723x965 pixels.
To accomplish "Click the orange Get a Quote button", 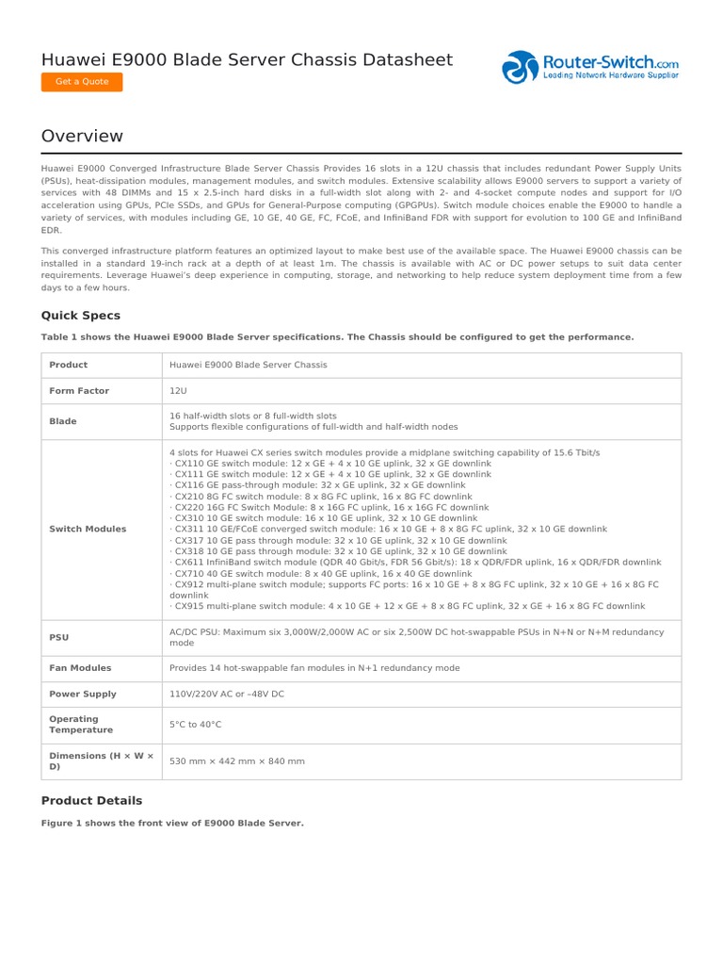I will (82, 82).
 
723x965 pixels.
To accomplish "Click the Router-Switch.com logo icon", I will (520, 68).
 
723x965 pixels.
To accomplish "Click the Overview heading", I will (82, 137).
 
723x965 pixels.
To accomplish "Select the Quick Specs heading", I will (81, 316).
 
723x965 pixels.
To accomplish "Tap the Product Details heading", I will (91, 800).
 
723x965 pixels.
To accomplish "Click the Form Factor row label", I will (79, 391).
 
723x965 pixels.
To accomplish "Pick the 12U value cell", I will (179, 391).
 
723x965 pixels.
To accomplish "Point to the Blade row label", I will (63, 421).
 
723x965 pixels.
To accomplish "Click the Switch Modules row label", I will (88, 529).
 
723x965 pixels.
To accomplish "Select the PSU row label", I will (58, 637).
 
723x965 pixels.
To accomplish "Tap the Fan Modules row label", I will (80, 668).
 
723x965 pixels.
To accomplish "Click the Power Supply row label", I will (83, 694).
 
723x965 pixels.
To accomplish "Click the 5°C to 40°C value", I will (196, 724).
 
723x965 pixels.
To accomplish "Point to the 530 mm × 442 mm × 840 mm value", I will (237, 761).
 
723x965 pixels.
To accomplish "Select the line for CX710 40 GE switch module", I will (320, 573).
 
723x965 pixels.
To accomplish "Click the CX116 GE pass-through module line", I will (317, 485).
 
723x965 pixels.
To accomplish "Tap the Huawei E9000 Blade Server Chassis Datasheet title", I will (247, 59).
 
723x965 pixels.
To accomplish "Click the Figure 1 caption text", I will (172, 823).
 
